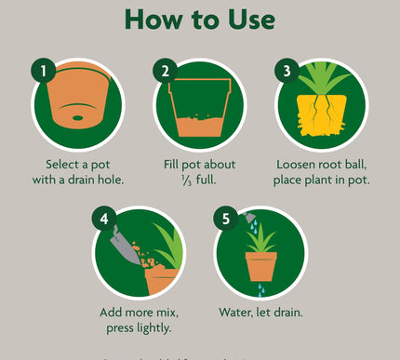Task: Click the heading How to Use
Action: [199, 20]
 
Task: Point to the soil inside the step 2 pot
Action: [199, 127]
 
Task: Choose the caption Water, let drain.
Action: [260, 313]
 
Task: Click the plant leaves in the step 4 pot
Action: [167, 247]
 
